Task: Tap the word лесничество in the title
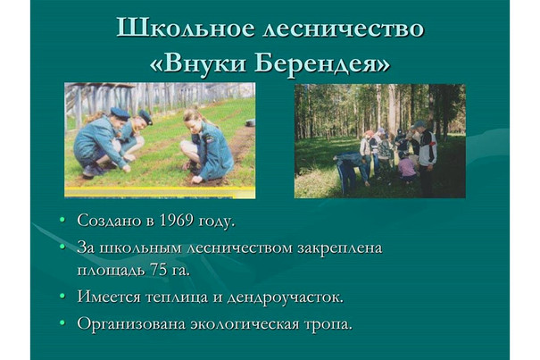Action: tap(343, 29)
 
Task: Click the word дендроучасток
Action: tap(285, 297)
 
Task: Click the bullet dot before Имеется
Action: tap(62, 296)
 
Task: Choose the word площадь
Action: tap(111, 271)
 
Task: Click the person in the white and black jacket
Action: tap(426, 157)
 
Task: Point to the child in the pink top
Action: tap(407, 168)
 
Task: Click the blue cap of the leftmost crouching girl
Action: tap(120, 113)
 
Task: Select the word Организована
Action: tap(131, 324)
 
